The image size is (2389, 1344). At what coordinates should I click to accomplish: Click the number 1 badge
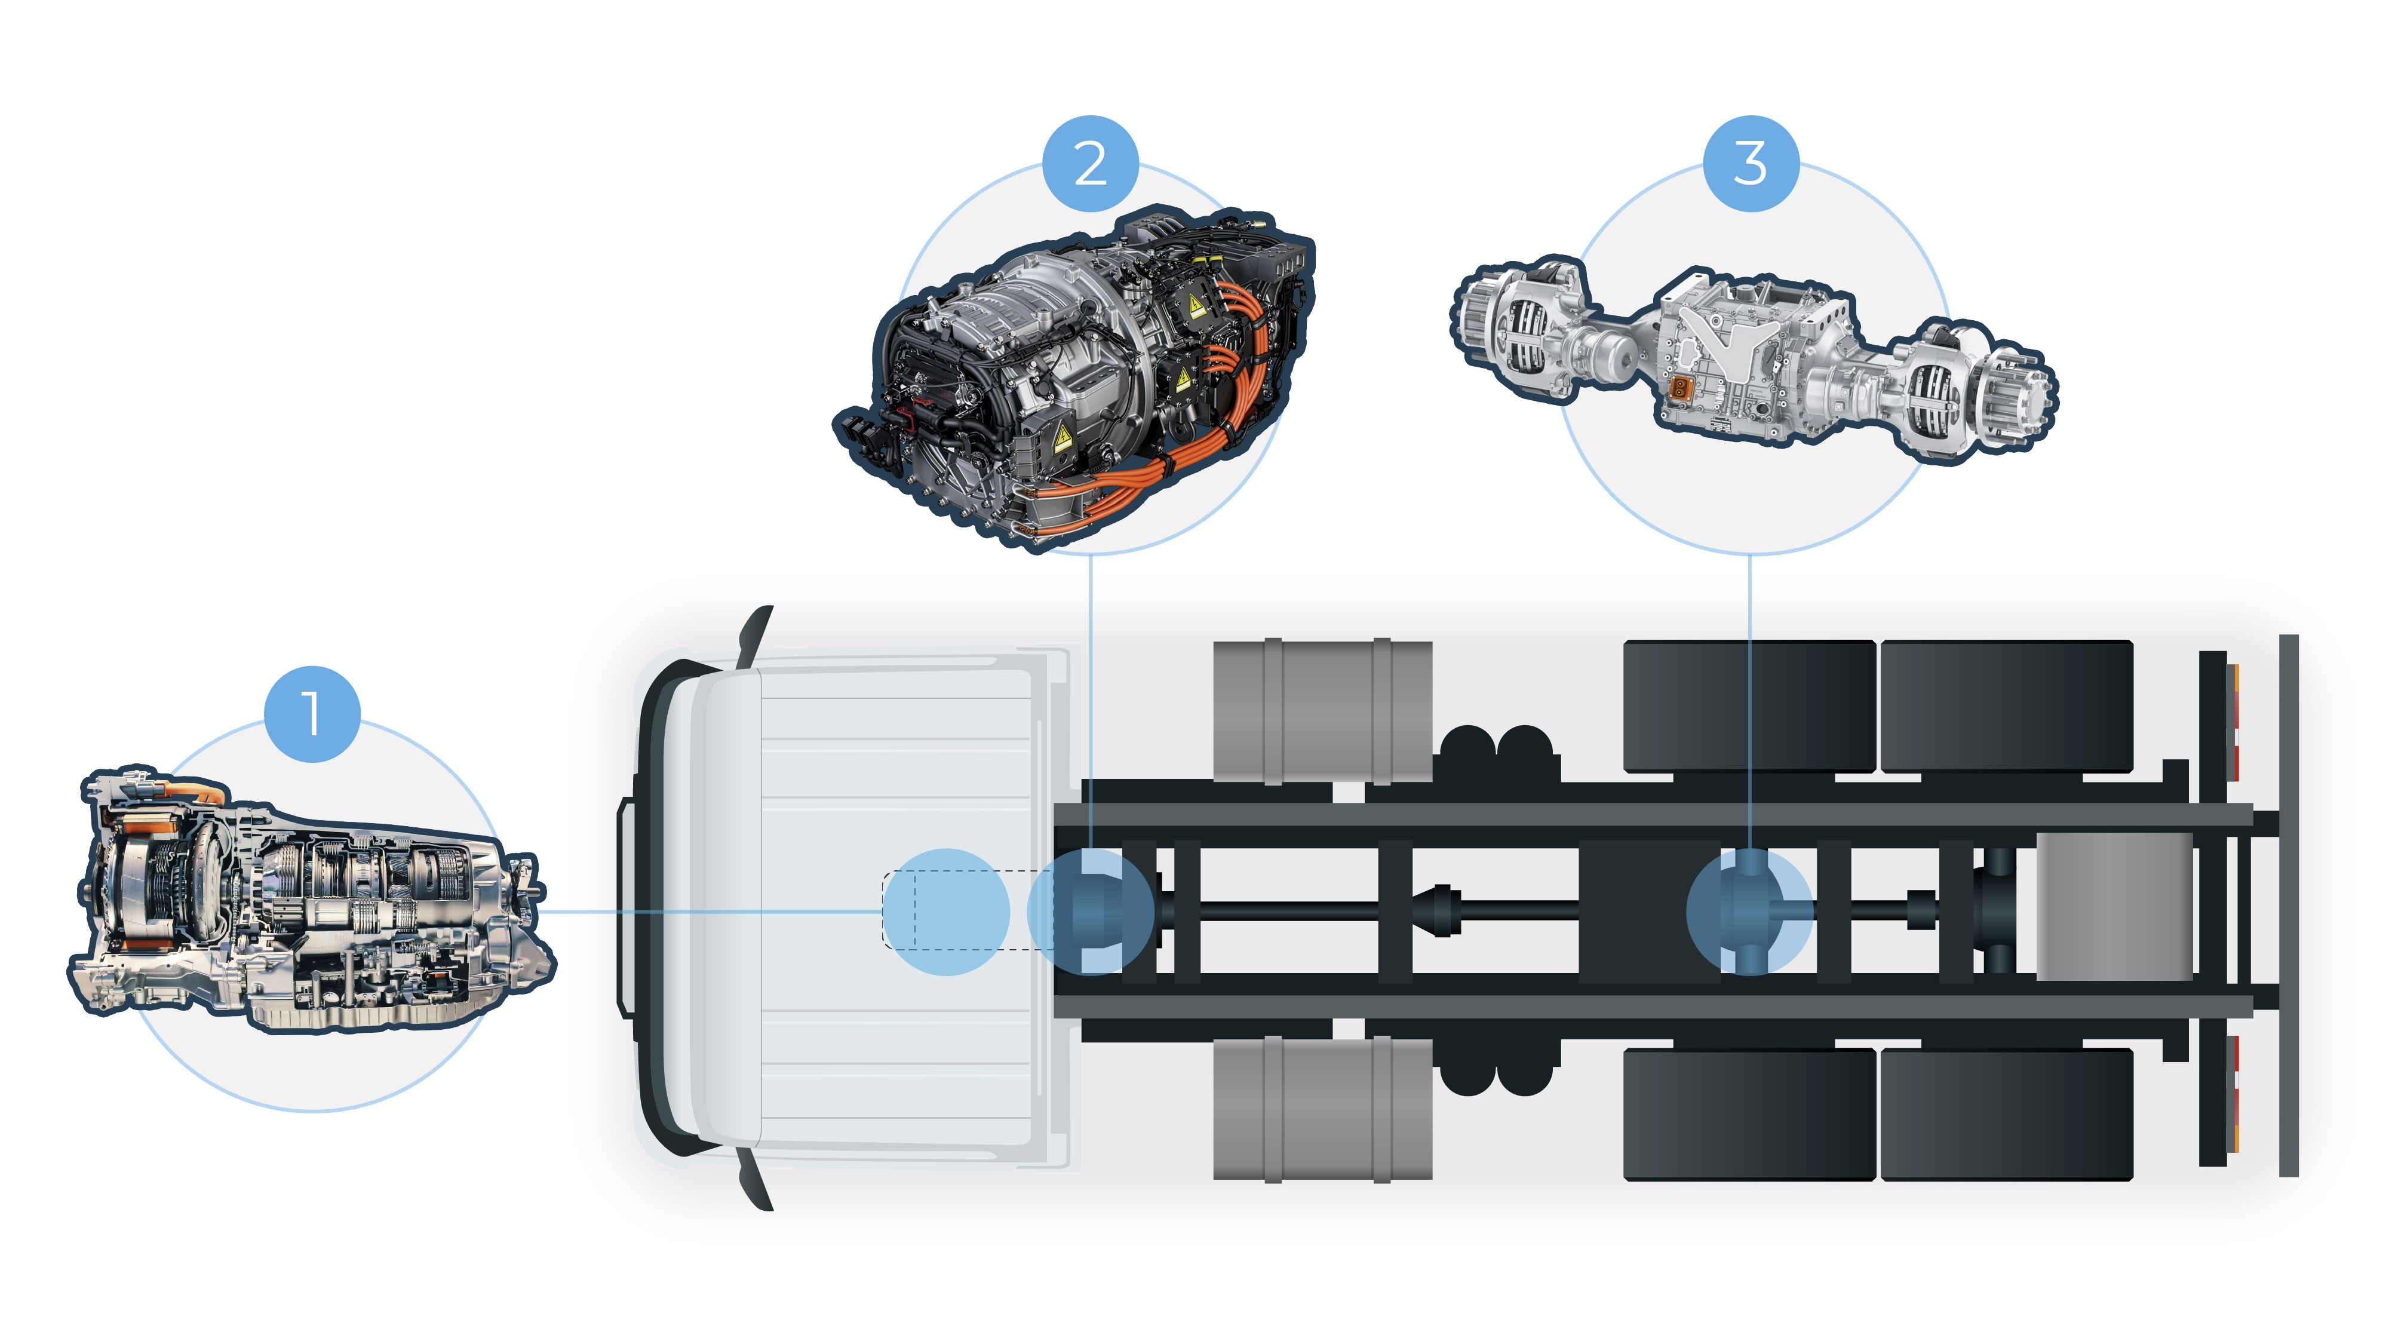click(312, 714)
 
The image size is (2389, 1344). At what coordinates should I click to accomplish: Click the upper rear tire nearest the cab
click(1749, 706)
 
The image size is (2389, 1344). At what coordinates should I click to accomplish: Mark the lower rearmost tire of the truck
click(2007, 1115)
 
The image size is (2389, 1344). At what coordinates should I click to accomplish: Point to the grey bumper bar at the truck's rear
click(2289, 906)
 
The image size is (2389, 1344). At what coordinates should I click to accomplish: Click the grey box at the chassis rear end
click(2114, 906)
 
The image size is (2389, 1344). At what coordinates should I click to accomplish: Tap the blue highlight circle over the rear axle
click(1749, 911)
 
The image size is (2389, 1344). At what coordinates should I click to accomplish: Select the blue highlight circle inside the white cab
click(946, 912)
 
